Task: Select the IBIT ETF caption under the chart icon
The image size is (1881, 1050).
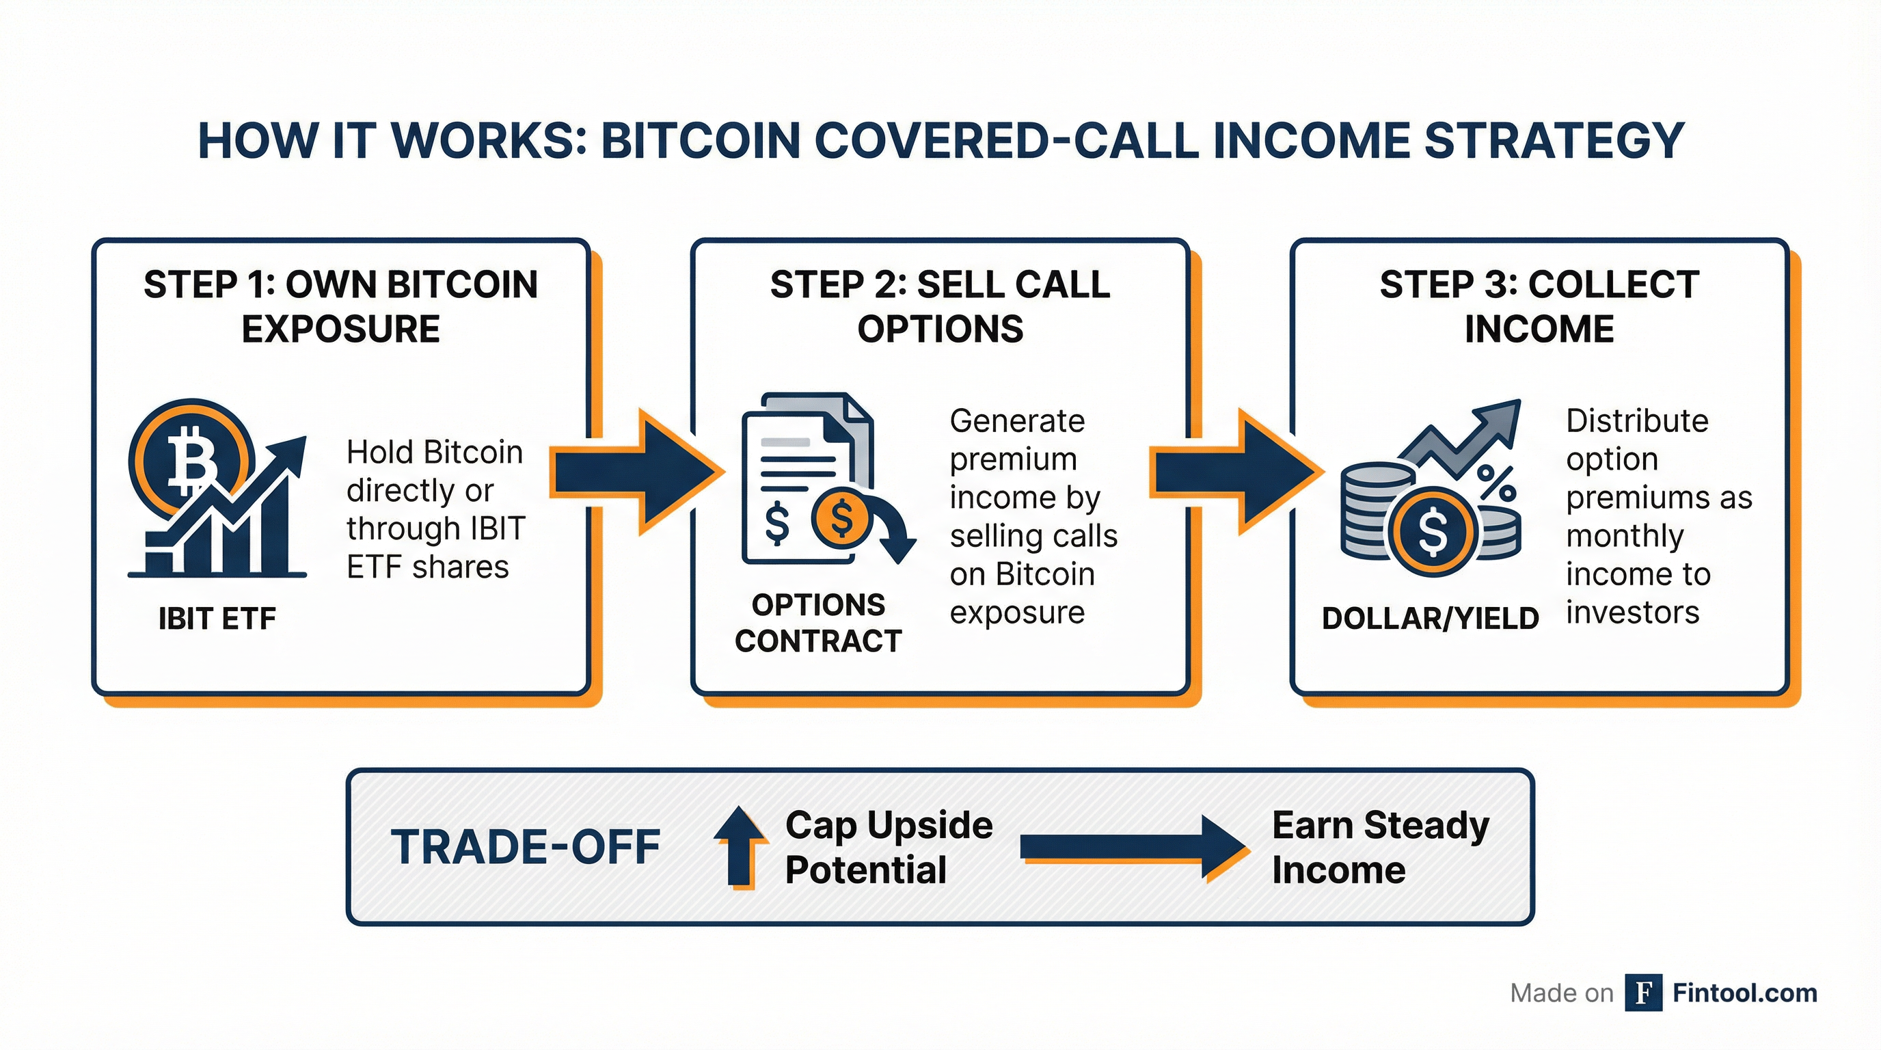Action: point(217,619)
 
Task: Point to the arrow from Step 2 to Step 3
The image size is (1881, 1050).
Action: point(1237,472)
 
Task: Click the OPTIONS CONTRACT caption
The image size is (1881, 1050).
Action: point(818,623)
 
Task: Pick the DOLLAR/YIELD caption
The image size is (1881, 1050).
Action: point(1430,619)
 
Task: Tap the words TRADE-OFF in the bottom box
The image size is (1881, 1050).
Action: point(526,847)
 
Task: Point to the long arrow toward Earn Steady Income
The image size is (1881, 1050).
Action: point(1132,848)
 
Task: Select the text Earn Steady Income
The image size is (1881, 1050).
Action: point(1380,847)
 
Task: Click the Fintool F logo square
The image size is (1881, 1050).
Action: point(1644,993)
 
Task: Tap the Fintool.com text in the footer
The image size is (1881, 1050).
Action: point(1744,993)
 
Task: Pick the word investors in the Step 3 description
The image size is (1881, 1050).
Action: point(1633,612)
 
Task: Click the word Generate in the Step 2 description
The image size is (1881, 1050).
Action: point(1017,420)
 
